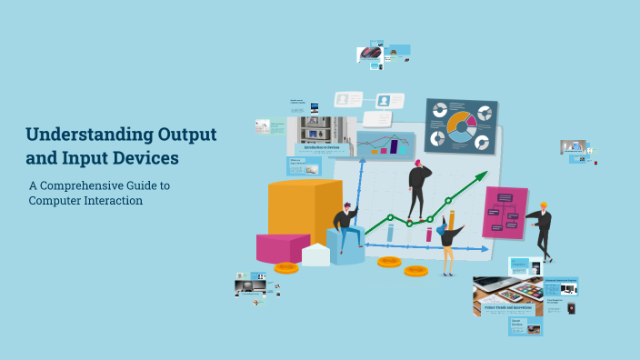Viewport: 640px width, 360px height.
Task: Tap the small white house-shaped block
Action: point(315,254)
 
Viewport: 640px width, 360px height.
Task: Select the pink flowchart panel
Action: point(505,212)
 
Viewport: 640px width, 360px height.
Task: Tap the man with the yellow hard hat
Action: point(542,227)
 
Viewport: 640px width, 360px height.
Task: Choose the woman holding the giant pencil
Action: point(447,241)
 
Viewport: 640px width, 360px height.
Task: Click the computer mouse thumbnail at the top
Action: point(370,52)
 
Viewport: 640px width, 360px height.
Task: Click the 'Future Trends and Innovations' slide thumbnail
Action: point(507,296)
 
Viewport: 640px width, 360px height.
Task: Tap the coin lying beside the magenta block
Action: point(285,267)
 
